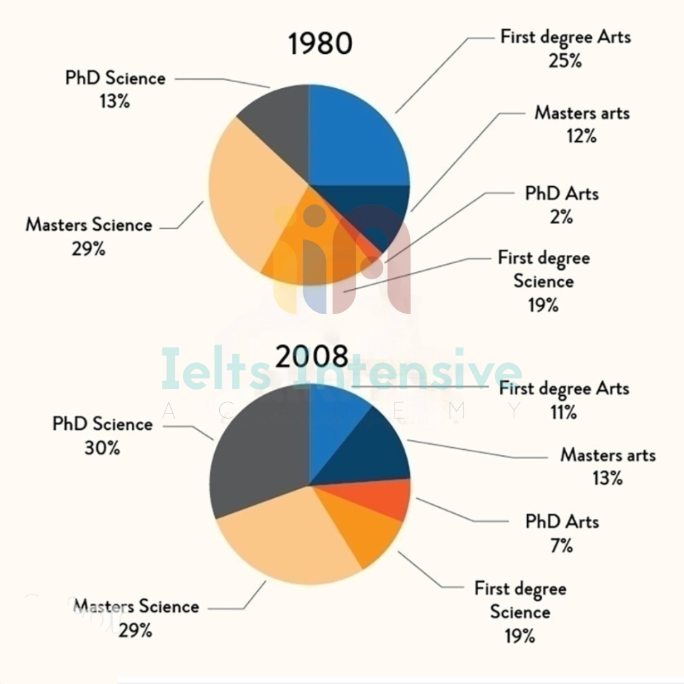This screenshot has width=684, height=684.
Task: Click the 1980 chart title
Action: tap(320, 44)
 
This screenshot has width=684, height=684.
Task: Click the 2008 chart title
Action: tap(312, 358)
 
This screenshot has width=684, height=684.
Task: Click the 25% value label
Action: tap(566, 61)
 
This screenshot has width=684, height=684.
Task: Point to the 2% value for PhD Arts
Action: tap(562, 217)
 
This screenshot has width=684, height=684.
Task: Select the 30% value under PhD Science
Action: tap(102, 448)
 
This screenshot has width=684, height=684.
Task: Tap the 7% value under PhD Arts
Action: tap(562, 545)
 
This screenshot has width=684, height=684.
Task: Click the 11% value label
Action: tap(564, 412)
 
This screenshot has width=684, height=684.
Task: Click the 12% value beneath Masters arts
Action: tap(582, 136)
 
